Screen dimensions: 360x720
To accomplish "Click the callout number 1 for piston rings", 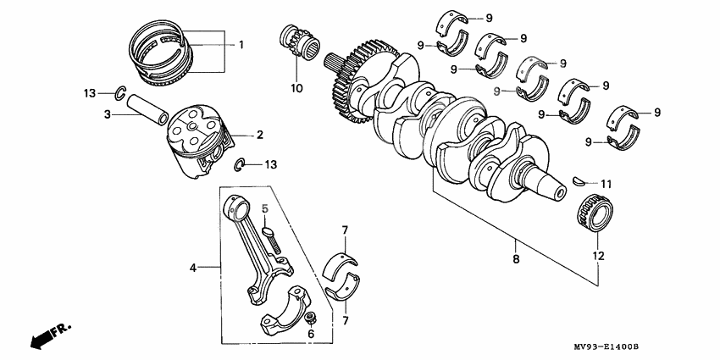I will coord(240,44).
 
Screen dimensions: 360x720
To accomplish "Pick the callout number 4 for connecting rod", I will coord(193,268).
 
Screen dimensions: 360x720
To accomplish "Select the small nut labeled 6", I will coord(311,319).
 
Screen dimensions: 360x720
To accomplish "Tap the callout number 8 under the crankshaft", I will coord(515,248).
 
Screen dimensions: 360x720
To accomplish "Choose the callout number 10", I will coord(296,87).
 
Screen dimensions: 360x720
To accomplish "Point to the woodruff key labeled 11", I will coord(581,181).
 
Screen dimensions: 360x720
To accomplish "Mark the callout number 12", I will coord(599,253).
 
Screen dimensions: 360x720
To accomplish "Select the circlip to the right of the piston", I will coord(241,164).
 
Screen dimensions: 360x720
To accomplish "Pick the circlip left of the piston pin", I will coord(120,92).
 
